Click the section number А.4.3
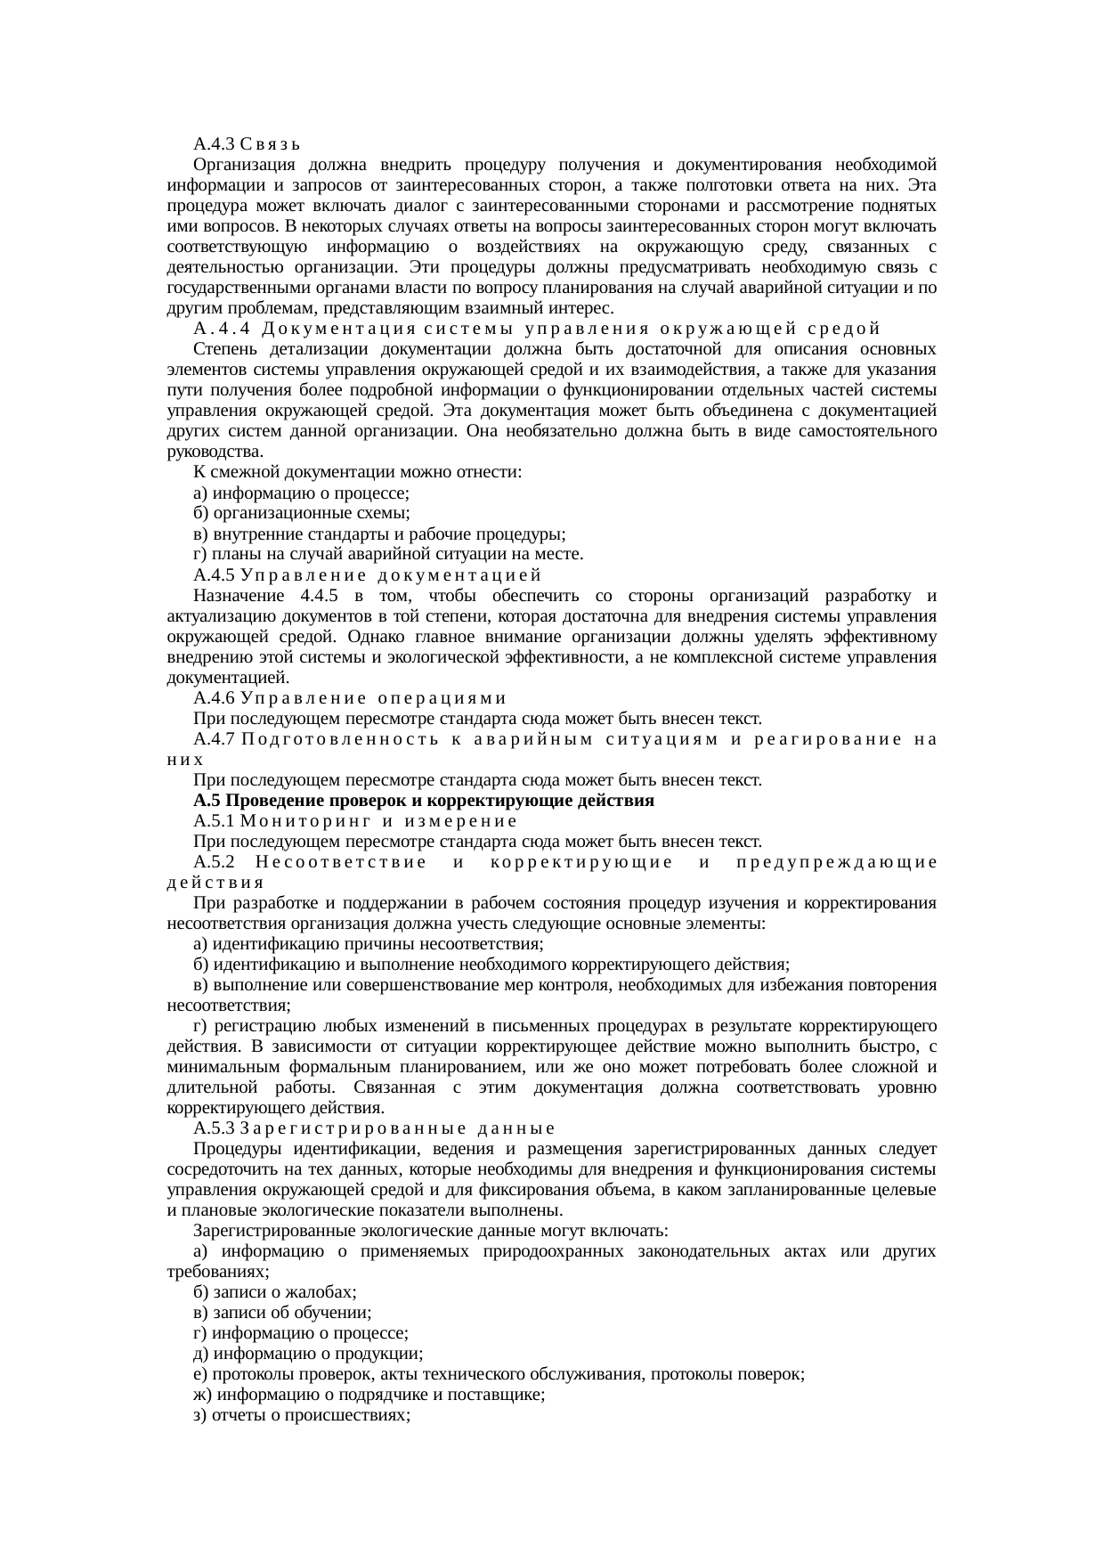pos(214,143)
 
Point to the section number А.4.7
pos(214,738)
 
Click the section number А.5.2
pos(214,861)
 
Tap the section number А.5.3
pos(214,1128)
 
